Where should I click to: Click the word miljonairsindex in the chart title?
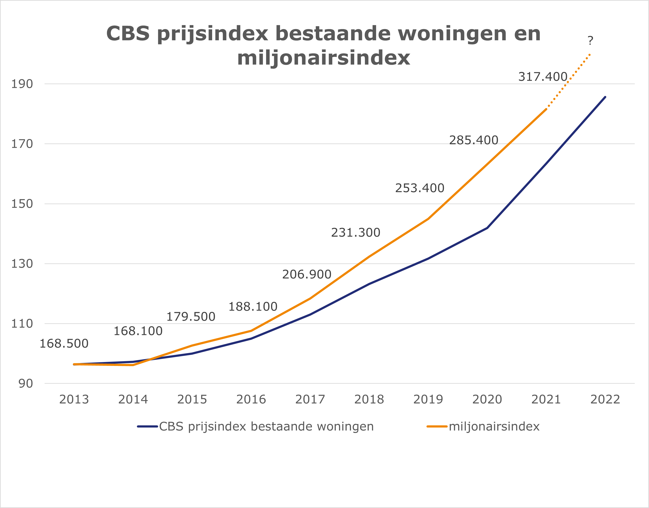[324, 58]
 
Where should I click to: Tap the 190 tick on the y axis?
[22, 84]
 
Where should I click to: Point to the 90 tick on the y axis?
[26, 384]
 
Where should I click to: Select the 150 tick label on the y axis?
[22, 204]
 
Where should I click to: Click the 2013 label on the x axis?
[74, 400]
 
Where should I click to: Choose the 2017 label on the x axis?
[310, 400]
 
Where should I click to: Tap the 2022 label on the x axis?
[605, 400]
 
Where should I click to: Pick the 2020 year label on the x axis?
[487, 400]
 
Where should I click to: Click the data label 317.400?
[543, 77]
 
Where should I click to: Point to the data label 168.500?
[64, 344]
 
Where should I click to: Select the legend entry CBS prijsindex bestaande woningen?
[266, 426]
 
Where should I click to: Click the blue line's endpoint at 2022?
[605, 97]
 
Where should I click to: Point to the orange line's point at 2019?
[428, 219]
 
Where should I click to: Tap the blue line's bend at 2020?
[487, 228]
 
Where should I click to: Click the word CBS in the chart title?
[128, 33]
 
